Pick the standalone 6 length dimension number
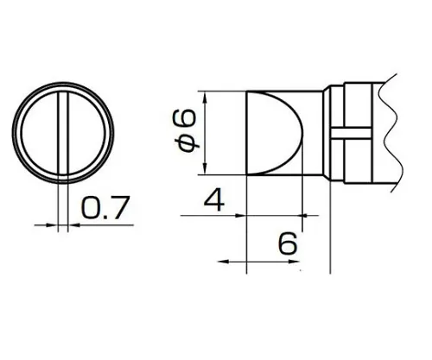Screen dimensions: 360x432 [288, 244]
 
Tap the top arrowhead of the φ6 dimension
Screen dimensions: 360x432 [206, 94]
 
